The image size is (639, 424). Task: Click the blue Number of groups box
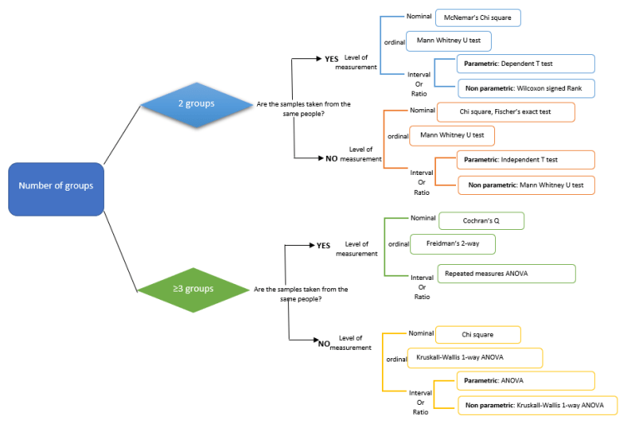56,186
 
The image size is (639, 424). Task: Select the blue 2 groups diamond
197,104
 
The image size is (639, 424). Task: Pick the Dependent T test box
526,63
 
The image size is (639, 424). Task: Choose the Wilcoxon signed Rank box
526,87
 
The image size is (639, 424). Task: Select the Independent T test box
526,159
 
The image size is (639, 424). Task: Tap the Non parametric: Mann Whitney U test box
526,184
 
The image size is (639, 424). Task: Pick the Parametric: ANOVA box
526,381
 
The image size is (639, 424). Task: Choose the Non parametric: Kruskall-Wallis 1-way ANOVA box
537,406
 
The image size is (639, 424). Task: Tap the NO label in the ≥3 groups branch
324,342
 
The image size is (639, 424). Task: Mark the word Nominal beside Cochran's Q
422,218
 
